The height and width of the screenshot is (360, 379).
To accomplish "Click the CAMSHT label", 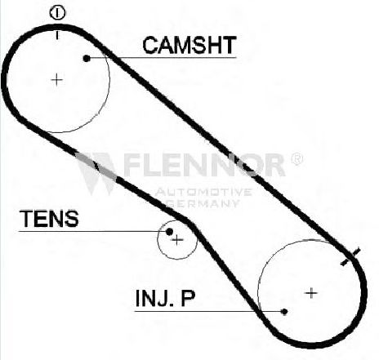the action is tap(189, 45).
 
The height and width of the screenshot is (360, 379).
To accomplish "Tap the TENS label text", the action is tap(49, 219).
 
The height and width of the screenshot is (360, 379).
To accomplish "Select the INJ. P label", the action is tap(165, 298).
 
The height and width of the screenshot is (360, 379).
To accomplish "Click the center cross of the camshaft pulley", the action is tap(57, 80).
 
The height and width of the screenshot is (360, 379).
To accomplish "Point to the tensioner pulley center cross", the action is tap(177, 240).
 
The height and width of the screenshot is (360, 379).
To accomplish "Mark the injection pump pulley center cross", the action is tap(311, 293).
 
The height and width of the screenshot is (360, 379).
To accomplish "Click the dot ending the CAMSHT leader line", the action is tap(87, 58).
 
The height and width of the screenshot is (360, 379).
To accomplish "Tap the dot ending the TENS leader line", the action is tap(169, 232).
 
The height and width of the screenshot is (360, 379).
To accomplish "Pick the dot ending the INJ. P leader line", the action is tap(284, 312).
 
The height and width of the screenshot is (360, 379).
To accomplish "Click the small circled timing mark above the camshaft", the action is tap(57, 13).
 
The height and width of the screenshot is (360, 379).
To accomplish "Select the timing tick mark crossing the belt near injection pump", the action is tap(350, 256).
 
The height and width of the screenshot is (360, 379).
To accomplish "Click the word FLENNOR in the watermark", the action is tap(205, 165).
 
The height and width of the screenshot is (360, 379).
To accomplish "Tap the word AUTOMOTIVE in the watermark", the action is tap(203, 192).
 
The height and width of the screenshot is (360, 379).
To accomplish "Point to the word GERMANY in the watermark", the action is tap(203, 203).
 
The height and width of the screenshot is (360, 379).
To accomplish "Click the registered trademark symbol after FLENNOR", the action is tap(297, 159).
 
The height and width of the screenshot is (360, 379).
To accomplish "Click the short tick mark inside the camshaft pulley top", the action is tap(57, 35).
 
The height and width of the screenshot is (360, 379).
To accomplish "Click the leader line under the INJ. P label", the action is tap(207, 311).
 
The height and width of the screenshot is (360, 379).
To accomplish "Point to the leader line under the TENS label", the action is tap(92, 232).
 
